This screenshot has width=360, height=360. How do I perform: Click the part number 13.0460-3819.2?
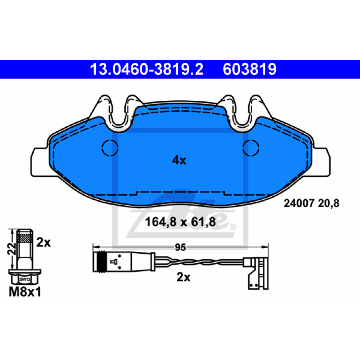click(x=147, y=69)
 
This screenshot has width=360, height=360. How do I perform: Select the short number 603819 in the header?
click(x=249, y=69)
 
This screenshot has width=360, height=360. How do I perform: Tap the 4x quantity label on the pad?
click(x=179, y=160)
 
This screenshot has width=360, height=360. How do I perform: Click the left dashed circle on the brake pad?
click(x=110, y=148)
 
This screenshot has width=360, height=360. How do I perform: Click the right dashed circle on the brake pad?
click(x=251, y=148)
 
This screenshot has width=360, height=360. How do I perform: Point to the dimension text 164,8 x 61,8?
click(x=180, y=222)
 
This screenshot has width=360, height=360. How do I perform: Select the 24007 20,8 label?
click(x=311, y=203)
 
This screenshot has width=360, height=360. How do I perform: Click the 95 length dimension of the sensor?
click(x=180, y=247)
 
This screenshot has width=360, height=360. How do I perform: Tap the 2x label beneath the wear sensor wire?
click(x=183, y=277)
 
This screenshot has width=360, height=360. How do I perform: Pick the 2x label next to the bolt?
click(x=43, y=243)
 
